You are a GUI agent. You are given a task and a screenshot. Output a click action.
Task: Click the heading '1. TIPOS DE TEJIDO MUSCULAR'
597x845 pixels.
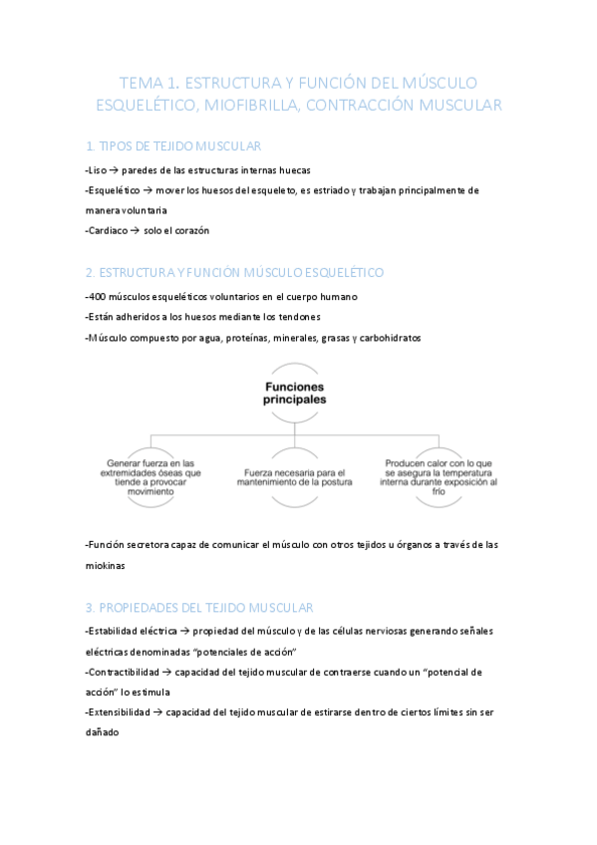click(173, 145)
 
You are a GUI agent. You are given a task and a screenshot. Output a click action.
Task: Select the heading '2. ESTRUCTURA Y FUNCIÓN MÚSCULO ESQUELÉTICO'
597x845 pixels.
click(234, 272)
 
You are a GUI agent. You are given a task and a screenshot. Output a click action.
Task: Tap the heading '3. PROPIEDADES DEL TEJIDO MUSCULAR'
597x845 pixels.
click(199, 607)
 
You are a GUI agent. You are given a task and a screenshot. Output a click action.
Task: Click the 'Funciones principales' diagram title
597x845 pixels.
click(295, 392)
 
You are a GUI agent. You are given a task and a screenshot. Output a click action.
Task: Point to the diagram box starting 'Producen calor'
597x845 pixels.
click(439, 472)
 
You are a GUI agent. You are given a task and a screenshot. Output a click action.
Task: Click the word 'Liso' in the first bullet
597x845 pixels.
click(97, 170)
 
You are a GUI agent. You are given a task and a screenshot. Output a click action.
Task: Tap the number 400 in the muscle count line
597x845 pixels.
click(98, 297)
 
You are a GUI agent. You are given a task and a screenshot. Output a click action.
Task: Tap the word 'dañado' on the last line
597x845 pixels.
click(104, 733)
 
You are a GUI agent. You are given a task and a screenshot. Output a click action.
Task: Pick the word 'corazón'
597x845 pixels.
click(189, 231)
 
